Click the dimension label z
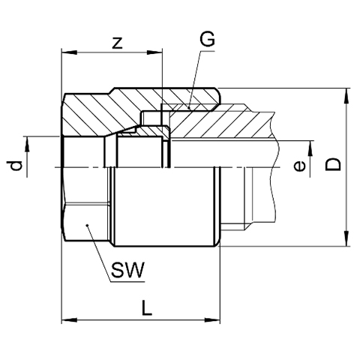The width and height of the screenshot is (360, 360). [117, 43]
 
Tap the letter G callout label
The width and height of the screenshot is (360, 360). [207, 40]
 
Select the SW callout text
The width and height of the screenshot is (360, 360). [127, 270]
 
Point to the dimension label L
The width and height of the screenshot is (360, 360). [146, 307]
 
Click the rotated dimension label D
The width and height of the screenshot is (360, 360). [333, 164]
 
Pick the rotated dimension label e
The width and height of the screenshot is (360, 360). [299, 166]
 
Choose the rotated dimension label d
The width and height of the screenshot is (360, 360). [14, 166]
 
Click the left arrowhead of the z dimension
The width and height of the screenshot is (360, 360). [69, 52]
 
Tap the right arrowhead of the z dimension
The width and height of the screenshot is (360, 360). [154, 52]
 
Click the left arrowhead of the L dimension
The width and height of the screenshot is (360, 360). [69, 320]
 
